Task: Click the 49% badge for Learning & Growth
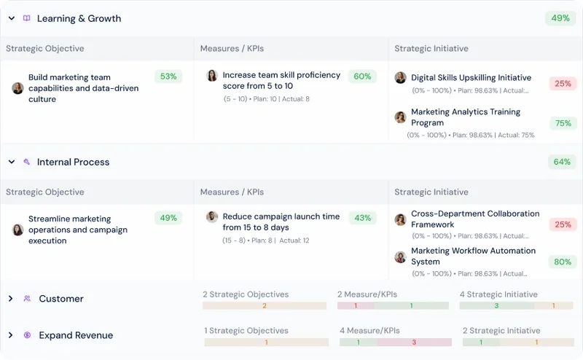[560, 18]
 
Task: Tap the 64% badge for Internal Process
[562, 162]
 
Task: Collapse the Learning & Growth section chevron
[12, 18]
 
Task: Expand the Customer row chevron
[11, 298]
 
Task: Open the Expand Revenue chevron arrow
[11, 335]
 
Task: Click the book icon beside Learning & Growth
[26, 18]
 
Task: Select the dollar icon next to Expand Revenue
[27, 334]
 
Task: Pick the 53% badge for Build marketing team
[168, 77]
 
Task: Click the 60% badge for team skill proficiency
[362, 77]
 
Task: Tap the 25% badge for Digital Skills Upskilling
[563, 83]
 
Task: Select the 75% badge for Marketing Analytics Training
[563, 123]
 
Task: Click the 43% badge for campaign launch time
[362, 218]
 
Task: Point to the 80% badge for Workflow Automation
[563, 262]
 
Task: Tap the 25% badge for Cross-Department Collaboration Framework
[563, 224]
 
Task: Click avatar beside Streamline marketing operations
[17, 230]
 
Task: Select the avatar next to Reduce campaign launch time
[212, 216]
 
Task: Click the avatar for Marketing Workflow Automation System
[400, 257]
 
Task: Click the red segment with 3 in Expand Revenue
[414, 343]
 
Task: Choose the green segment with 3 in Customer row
[497, 305]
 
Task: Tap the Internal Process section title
[74, 163]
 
